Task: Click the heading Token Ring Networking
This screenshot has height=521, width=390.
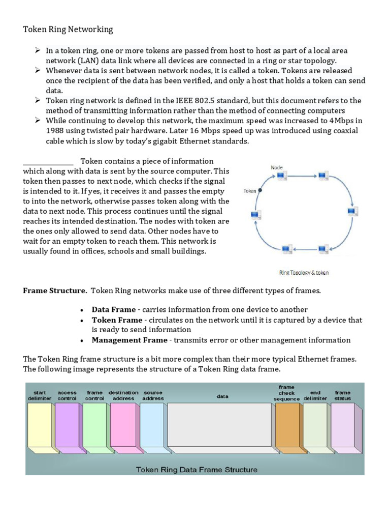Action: pyautogui.click(x=68, y=30)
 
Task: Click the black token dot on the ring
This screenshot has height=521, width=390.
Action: pyautogui.click(x=260, y=190)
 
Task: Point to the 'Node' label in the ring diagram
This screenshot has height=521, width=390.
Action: pyautogui.click(x=277, y=167)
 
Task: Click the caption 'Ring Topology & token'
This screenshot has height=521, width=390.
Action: pyautogui.click(x=304, y=273)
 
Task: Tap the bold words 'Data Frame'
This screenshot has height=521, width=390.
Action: pyautogui.click(x=114, y=309)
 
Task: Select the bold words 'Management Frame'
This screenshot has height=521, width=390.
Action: pyautogui.click(x=129, y=340)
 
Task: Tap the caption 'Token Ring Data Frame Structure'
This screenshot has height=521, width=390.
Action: pyautogui.click(x=197, y=469)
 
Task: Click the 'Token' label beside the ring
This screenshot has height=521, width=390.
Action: pyautogui.click(x=250, y=191)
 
